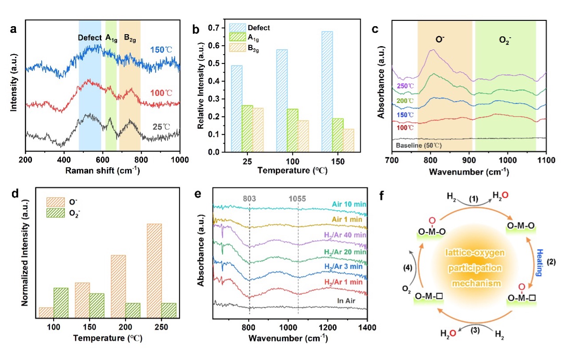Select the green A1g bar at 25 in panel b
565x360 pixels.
click(247, 129)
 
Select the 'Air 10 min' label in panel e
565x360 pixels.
click(348, 204)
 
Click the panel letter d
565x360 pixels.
click(13, 195)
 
